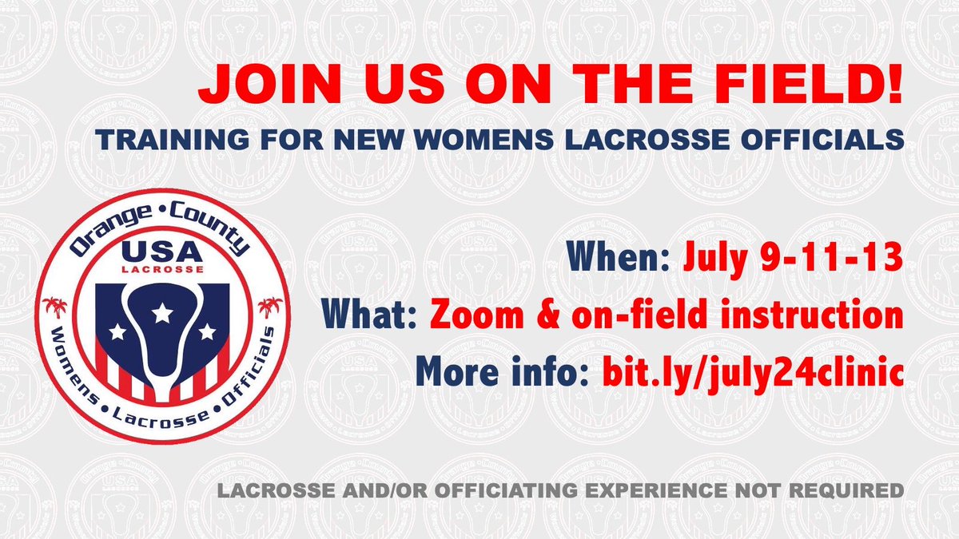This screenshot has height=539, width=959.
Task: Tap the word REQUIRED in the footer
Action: pos(853,489)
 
